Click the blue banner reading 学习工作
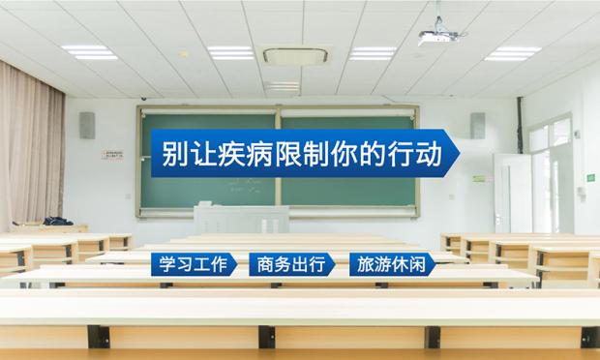pos(194,264)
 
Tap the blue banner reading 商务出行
pos(292,264)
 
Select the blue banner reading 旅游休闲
pos(393,264)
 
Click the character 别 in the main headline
pos(174,154)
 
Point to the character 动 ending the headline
pos(429,154)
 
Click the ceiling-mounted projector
pos(440,33)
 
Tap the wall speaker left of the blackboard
pos(87,126)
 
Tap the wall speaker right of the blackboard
pos(478,126)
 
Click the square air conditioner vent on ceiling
pos(295,56)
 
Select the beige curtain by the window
pos(31,145)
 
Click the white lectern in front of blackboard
pos(241,220)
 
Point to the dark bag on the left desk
pos(57,221)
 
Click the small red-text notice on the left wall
pos(112,155)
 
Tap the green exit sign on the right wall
pos(591,177)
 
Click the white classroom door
pos(512,194)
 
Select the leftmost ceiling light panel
pos(90,52)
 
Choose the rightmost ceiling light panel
pos(513,53)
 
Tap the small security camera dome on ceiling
pos(144,99)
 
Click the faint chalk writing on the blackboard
pos(246,185)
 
